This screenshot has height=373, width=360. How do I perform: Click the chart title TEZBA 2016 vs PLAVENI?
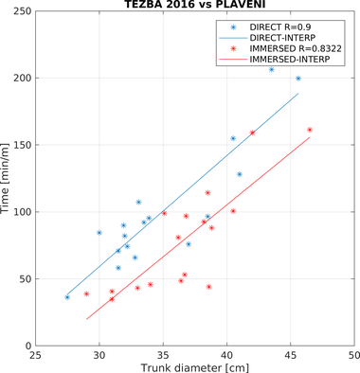(195, 4)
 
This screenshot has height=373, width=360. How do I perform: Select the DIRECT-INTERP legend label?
(282, 38)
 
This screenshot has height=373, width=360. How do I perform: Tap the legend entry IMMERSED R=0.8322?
(296, 48)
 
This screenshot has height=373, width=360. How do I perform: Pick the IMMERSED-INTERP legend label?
(290, 59)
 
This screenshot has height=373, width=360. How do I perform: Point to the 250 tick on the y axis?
(23, 11)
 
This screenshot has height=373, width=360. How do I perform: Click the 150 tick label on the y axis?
(23, 145)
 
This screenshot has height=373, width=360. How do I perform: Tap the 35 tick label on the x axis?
(163, 355)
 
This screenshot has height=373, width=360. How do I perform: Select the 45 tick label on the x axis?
(290, 355)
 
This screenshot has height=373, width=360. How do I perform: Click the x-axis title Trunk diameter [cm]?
(195, 367)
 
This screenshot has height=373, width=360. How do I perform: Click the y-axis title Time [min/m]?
(5, 178)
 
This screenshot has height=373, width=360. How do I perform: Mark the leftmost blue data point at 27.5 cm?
(67, 297)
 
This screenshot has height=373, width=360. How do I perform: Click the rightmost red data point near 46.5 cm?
(310, 130)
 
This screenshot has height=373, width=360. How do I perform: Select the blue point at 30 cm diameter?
(99, 233)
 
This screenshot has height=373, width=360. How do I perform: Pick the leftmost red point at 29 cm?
(86, 293)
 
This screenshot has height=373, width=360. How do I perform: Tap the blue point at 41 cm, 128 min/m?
(240, 174)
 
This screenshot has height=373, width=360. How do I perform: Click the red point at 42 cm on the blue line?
(252, 133)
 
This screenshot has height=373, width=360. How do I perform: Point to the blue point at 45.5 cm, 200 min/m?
(298, 79)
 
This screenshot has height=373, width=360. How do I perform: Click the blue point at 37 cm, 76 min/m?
(189, 244)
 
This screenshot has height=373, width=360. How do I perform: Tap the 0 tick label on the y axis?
(28, 346)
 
